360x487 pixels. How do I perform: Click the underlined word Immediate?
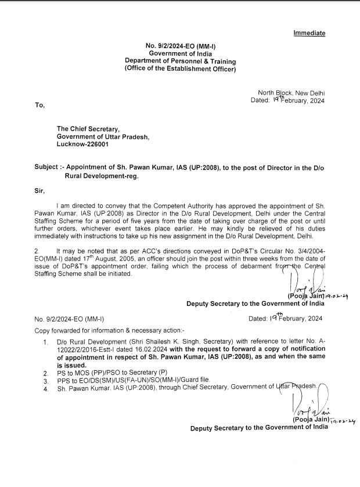coord(309,33)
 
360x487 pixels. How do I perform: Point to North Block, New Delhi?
coord(291,93)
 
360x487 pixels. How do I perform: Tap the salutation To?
coord(40,105)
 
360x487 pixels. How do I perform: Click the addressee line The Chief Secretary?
coord(88,129)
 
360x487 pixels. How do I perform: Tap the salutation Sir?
coord(41,190)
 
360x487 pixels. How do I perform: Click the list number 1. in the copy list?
coord(46,343)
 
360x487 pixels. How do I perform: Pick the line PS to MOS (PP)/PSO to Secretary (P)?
coord(112,372)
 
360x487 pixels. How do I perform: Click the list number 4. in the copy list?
coord(46,389)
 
